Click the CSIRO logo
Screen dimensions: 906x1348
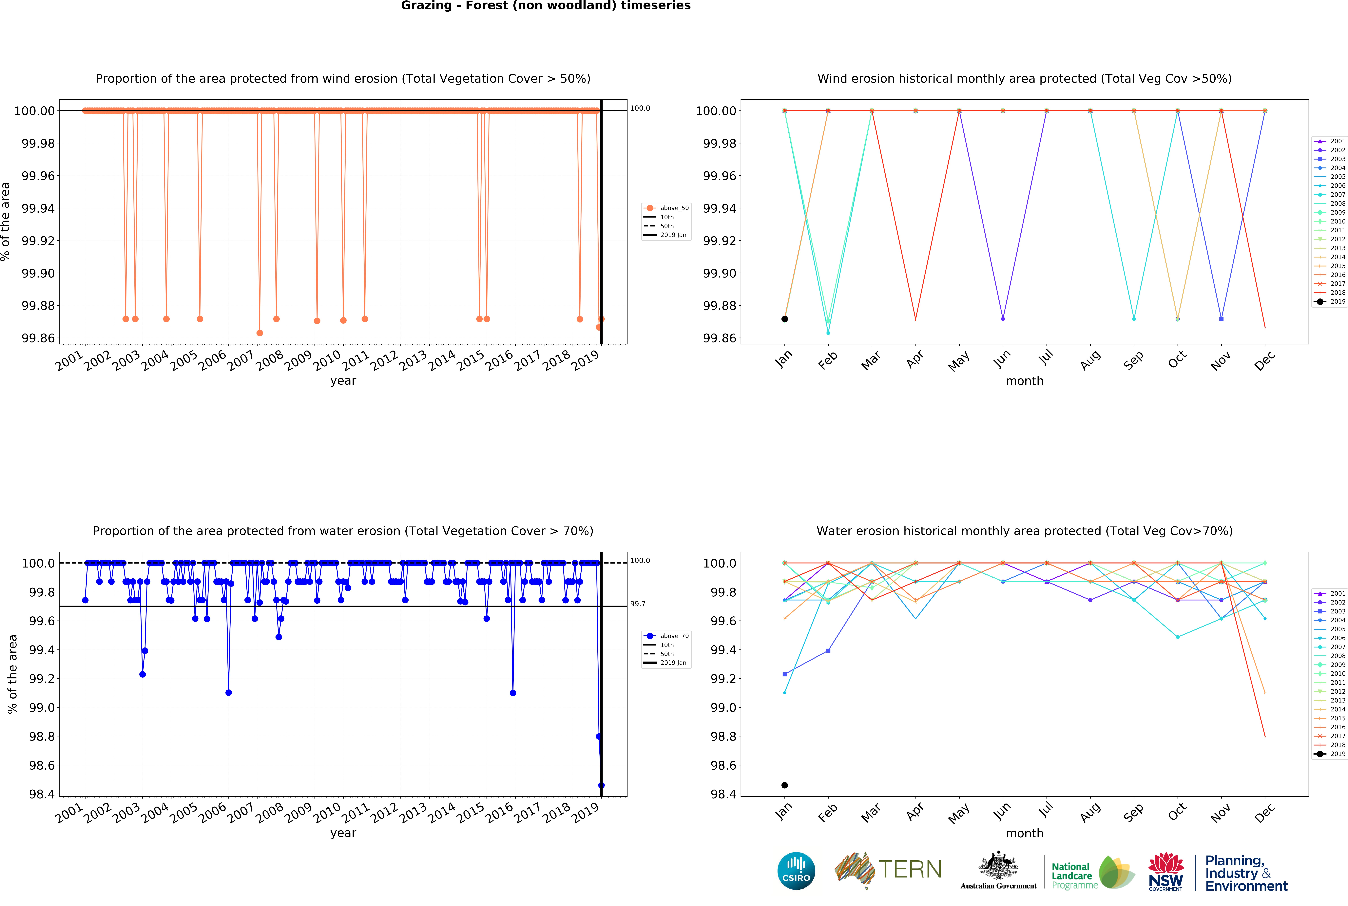(796, 871)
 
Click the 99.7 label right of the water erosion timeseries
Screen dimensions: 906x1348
(638, 604)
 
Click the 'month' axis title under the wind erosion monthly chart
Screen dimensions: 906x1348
(1024, 381)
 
